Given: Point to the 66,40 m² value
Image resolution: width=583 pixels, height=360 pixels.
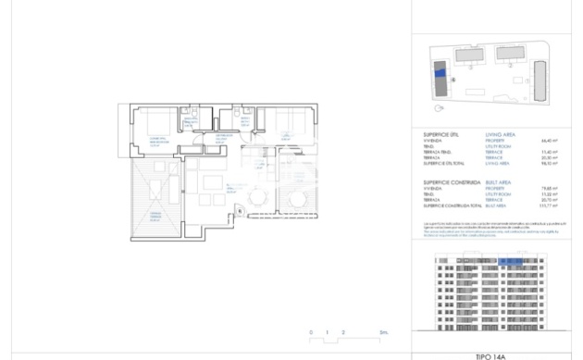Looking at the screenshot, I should [554, 142].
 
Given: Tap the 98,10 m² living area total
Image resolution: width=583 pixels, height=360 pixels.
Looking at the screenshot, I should [554, 163].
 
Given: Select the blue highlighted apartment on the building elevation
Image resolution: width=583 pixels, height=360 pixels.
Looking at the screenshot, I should [511, 263].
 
